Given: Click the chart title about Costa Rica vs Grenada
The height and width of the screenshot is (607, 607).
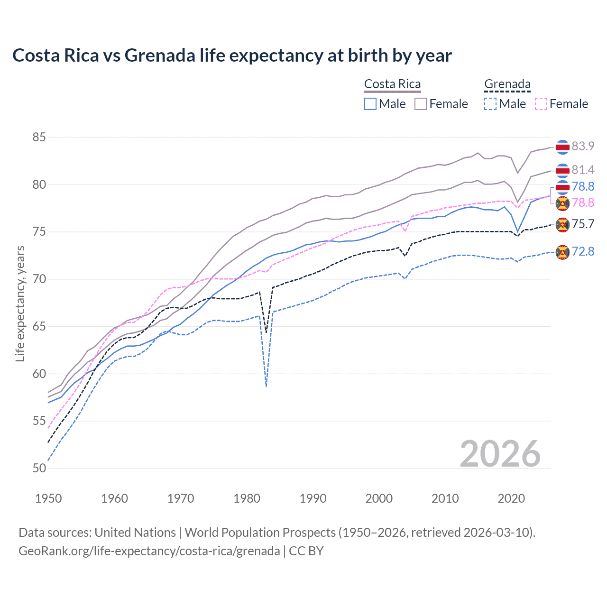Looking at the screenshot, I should click(232, 55).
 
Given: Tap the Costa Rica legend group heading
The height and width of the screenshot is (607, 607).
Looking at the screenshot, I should click(392, 84).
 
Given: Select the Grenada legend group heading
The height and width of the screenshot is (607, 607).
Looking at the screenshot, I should click(507, 84).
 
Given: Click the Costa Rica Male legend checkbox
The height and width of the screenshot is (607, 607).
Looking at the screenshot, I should click(370, 104).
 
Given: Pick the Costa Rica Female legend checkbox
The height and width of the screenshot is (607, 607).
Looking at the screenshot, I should click(421, 104).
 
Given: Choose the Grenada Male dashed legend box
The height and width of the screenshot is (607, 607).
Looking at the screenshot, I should click(490, 104).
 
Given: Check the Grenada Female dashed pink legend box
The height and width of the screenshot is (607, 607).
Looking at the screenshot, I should click(541, 104).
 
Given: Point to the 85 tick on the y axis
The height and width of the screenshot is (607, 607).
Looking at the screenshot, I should click(39, 138).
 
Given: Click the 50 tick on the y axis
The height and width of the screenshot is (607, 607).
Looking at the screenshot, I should click(39, 468).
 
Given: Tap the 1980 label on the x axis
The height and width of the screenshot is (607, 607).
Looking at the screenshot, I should click(247, 498).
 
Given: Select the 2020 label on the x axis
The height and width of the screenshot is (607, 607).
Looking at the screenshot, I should click(511, 498).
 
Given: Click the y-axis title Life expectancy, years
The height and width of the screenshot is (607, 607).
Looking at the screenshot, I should click(20, 303).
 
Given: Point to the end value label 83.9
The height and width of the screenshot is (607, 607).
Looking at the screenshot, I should click(583, 146).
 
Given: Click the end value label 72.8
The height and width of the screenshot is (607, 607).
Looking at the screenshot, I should click(583, 251).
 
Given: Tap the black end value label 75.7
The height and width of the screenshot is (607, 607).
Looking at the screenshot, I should click(583, 224).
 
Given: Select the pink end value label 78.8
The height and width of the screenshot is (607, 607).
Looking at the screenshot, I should click(583, 202).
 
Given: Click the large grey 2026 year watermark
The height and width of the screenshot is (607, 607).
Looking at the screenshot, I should click(500, 454).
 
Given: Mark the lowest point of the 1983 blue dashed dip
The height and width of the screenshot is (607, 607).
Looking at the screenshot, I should click(267, 386).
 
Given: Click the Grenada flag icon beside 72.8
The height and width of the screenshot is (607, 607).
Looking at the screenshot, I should click(562, 252).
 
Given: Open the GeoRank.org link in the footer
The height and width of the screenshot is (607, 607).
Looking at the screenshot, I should click(149, 551).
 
